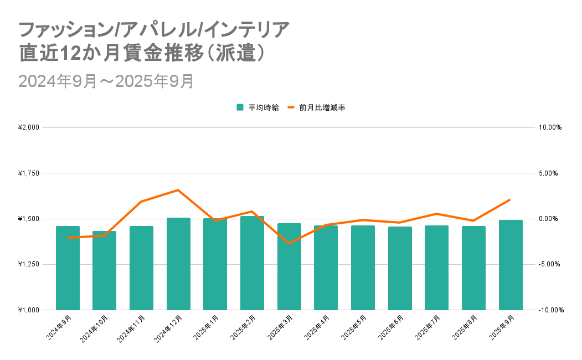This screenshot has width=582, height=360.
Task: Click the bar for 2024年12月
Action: [x=178, y=264]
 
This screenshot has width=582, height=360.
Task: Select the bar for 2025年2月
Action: [x=252, y=263]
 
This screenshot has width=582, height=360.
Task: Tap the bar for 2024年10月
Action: [x=104, y=270]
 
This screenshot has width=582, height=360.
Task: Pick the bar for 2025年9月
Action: [x=511, y=265]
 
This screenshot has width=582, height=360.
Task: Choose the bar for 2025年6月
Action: [x=400, y=268]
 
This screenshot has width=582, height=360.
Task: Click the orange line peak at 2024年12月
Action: [x=178, y=190]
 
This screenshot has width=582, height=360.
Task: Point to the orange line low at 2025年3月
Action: [x=289, y=243]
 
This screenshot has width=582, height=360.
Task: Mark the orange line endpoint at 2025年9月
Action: [x=510, y=199]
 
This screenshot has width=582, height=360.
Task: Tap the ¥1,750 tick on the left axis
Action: [x=28, y=173]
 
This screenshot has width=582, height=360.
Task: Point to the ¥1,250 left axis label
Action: [x=28, y=265]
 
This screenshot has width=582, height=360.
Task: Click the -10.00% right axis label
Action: [x=550, y=310]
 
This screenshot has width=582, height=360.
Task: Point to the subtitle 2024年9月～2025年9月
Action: [x=106, y=81]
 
